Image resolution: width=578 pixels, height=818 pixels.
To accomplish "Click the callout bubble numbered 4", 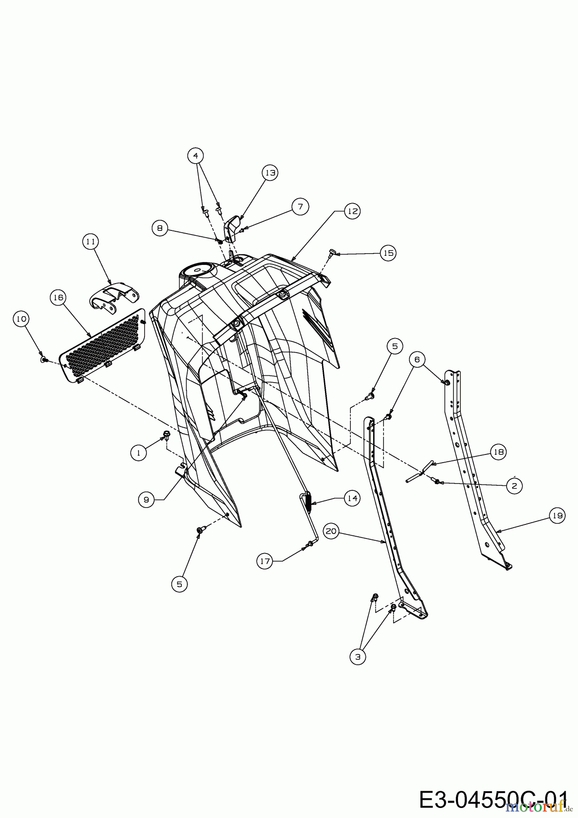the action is coord(195,156).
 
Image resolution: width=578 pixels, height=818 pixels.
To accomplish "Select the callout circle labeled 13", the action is coord(270,173).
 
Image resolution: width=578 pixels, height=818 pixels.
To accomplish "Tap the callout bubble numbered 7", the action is coord(300,206).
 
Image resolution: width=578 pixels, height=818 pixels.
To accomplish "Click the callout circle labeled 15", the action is coord(388,253).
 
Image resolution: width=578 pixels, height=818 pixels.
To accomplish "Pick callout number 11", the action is coord(91,242).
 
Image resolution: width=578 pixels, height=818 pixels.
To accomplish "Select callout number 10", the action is coord(20,319).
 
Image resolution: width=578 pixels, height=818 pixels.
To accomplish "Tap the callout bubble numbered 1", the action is coord(139,452).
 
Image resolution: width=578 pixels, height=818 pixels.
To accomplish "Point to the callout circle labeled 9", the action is coord(146,499).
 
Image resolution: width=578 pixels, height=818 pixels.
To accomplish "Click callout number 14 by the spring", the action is coord(352,498).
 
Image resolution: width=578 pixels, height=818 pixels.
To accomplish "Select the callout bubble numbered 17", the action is coord(264,561).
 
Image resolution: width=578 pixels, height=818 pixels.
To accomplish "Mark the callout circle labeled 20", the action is coord(331,531).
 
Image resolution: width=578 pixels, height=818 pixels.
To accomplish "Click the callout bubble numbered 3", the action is coord(358,657).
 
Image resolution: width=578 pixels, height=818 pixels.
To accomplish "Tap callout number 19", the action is coord(557,516).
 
